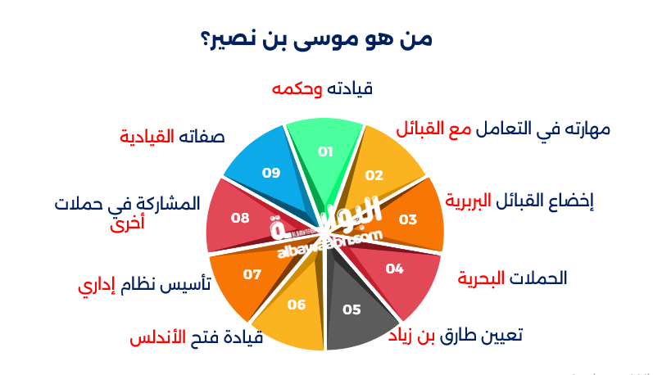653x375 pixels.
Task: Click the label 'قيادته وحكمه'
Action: [x=322, y=88]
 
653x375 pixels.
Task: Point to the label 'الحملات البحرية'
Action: [x=512, y=278]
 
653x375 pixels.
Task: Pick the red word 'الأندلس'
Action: [x=159, y=337]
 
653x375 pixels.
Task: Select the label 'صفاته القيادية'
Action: [x=172, y=136]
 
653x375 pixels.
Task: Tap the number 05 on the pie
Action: [x=351, y=309]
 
